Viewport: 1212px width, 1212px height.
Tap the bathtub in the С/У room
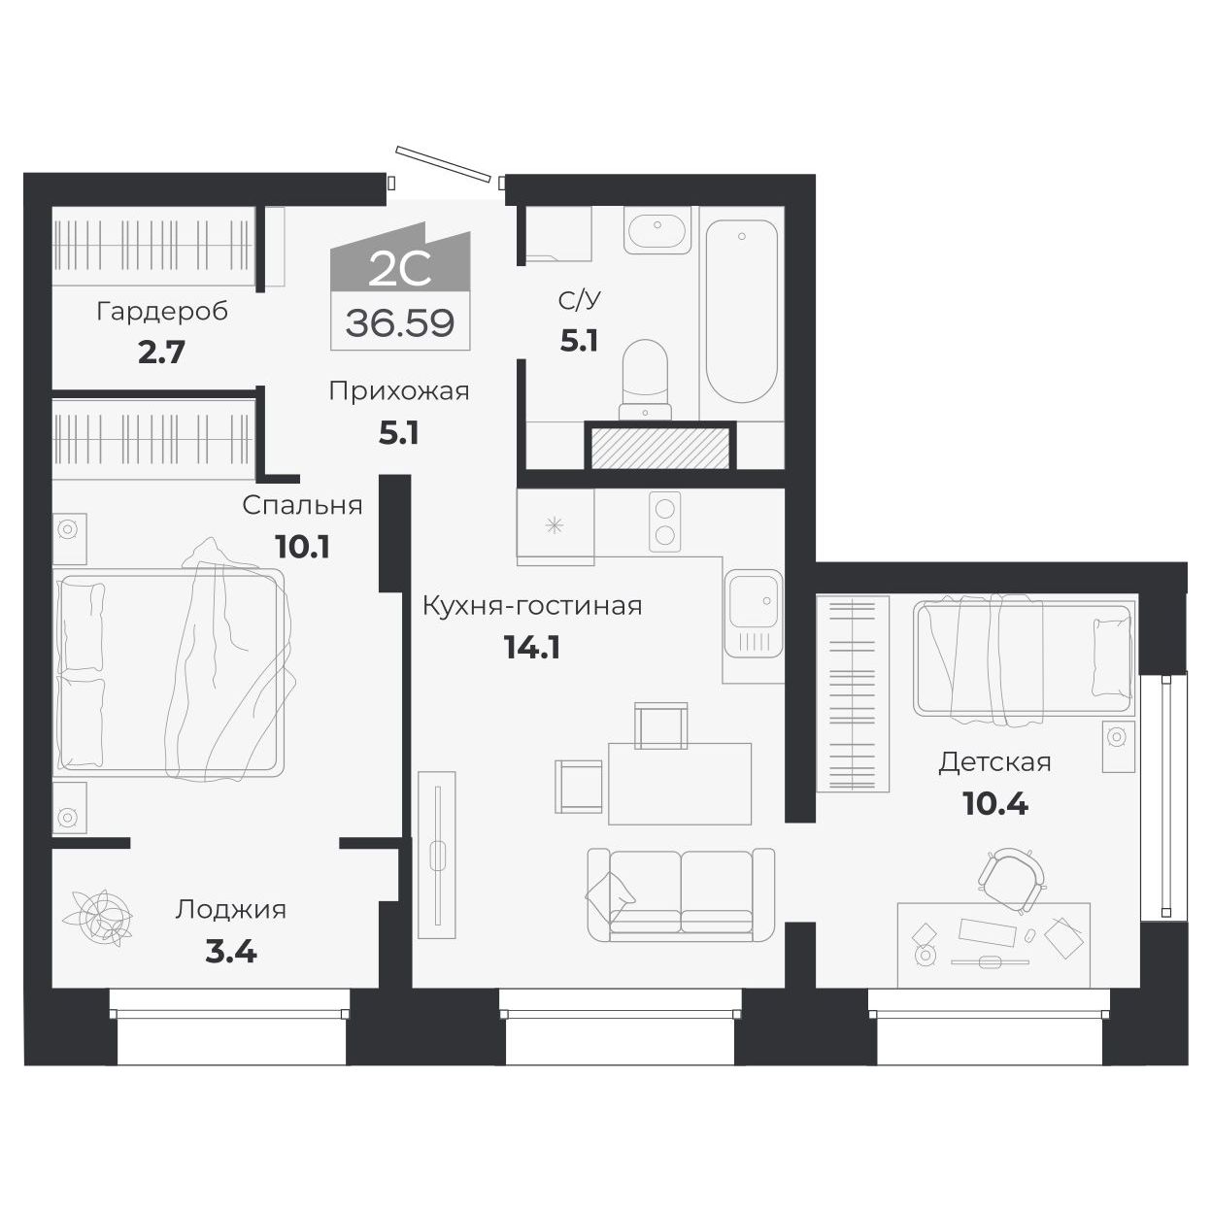741,311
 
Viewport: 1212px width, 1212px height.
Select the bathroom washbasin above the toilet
658,231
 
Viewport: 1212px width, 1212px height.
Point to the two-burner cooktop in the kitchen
665,522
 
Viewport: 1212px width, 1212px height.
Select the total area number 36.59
400,322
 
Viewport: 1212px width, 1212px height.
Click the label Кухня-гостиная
531,606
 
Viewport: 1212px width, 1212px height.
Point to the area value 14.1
531,647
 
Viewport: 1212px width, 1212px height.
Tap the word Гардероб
162,312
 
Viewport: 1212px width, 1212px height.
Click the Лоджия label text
231,910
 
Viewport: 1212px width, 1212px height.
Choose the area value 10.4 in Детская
995,803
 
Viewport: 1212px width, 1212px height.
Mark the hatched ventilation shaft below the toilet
658,446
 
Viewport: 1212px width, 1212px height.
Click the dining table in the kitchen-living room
680,783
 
